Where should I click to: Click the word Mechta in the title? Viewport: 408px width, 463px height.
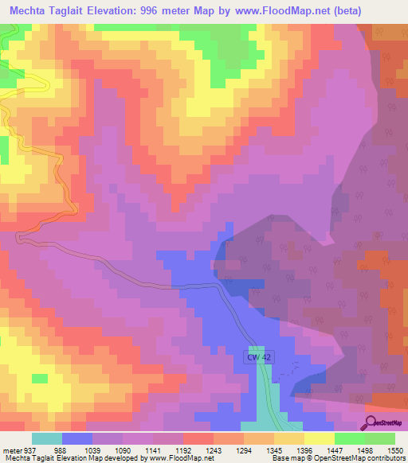click(x=33, y=11)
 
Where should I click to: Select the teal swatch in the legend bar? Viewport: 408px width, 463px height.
click(x=47, y=438)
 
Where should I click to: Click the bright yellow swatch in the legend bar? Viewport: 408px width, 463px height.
click(x=320, y=438)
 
